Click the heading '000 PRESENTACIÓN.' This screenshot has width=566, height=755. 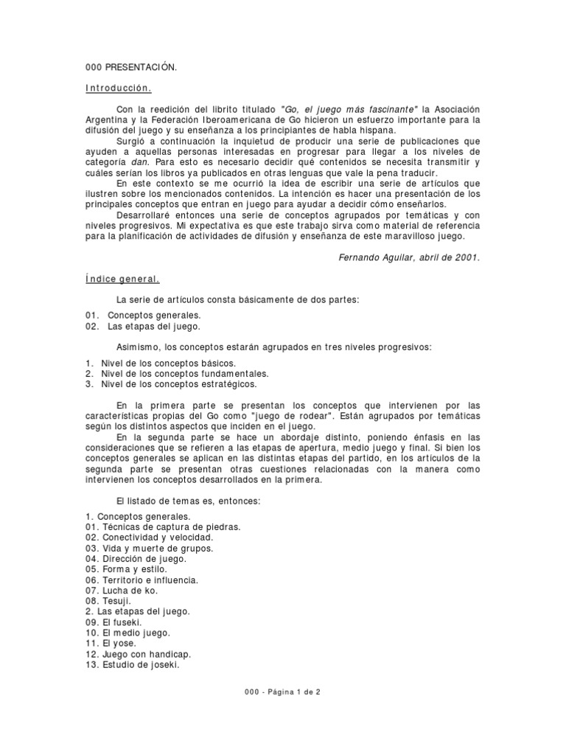click(x=131, y=68)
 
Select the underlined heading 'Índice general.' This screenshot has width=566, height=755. click(x=123, y=279)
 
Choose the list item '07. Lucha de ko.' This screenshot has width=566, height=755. click(x=122, y=591)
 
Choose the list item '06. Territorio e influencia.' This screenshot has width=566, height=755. click(x=141, y=580)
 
